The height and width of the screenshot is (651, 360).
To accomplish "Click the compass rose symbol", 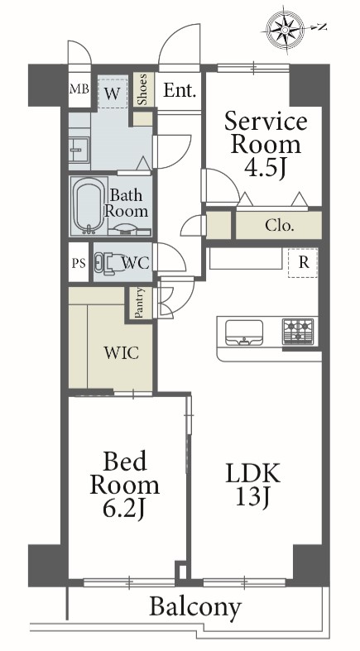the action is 286,29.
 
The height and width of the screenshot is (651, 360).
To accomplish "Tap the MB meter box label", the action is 79,89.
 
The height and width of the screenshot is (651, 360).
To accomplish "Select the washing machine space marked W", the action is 112,92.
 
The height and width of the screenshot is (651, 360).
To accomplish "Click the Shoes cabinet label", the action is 143,89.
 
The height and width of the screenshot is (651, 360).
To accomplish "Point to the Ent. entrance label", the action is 180,90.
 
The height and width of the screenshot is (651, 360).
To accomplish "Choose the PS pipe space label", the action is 79,264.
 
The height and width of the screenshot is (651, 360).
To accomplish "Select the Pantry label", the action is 140,303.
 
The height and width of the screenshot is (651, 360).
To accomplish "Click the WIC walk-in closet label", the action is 122,353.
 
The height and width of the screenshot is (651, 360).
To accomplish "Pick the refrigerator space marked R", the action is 304,263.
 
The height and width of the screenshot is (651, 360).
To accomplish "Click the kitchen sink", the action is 244,333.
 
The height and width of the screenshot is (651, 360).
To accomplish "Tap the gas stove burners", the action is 298,331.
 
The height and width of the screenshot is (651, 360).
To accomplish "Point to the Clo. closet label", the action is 280,226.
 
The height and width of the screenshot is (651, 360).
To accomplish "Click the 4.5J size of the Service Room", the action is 266,167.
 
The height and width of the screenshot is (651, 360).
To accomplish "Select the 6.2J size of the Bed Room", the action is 125,509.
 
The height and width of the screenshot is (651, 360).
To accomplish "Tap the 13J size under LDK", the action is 253,496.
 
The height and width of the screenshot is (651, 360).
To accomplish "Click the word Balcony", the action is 195,608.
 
